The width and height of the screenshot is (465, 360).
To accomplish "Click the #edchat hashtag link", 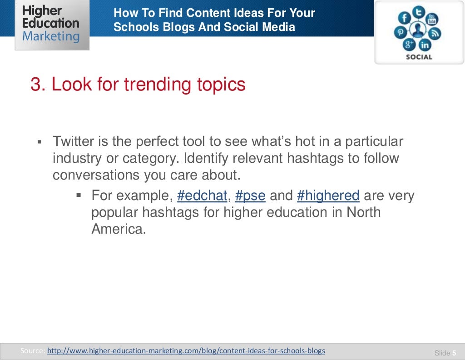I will pyautogui.click(x=202, y=196).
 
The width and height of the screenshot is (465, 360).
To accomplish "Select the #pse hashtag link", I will pyautogui.click(x=250, y=196).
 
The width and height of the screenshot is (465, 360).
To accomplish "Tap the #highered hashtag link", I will pyautogui.click(x=328, y=196).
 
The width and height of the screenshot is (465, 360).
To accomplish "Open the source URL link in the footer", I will pyautogui.click(x=186, y=350).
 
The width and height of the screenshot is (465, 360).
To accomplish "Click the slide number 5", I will pyautogui.click(x=454, y=353).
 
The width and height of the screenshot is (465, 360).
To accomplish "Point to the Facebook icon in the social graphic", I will pyautogui.click(x=403, y=18).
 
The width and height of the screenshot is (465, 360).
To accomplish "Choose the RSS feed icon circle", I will pyautogui.click(x=435, y=34).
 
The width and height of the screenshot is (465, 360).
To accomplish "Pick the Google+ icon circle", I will pyautogui.click(x=409, y=45).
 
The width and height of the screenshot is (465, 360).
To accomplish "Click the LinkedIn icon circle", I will pyautogui.click(x=425, y=45).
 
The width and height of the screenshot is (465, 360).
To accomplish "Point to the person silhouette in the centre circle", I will pyautogui.click(x=418, y=30).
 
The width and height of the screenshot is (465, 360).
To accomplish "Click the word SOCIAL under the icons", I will pyautogui.click(x=419, y=57).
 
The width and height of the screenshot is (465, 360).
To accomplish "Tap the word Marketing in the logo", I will pyautogui.click(x=51, y=36).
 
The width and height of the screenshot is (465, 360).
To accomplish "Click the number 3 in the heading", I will pyautogui.click(x=35, y=85).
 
